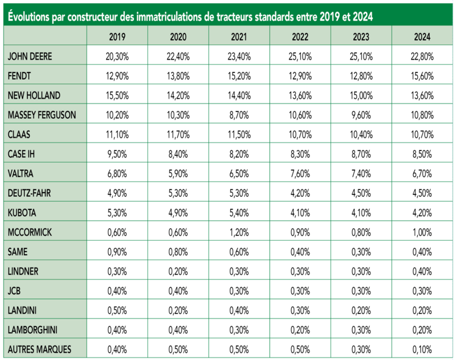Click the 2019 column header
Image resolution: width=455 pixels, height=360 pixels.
tap(117, 37)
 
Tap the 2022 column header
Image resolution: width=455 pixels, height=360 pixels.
tap(300, 37)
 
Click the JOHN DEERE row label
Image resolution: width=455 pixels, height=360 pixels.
tap(30, 57)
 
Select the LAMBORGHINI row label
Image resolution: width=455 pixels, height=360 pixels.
tap(34, 330)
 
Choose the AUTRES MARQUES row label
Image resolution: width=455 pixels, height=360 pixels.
tap(39, 349)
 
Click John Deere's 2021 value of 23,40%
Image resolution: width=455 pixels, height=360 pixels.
tap(239, 57)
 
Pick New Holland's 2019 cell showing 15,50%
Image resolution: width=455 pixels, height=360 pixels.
tap(117, 96)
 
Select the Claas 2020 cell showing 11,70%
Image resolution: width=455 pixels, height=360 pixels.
tap(178, 134)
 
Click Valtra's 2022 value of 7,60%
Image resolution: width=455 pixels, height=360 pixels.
tap(300, 174)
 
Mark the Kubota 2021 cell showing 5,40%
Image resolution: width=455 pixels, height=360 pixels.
tap(239, 213)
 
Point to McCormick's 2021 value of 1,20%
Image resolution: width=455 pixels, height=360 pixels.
tap(239, 232)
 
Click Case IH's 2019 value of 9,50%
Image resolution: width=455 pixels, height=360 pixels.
tap(117, 154)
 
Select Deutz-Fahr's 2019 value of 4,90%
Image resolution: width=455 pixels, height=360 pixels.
tap(117, 193)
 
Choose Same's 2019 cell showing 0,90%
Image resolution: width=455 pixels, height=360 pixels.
tap(117, 252)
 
